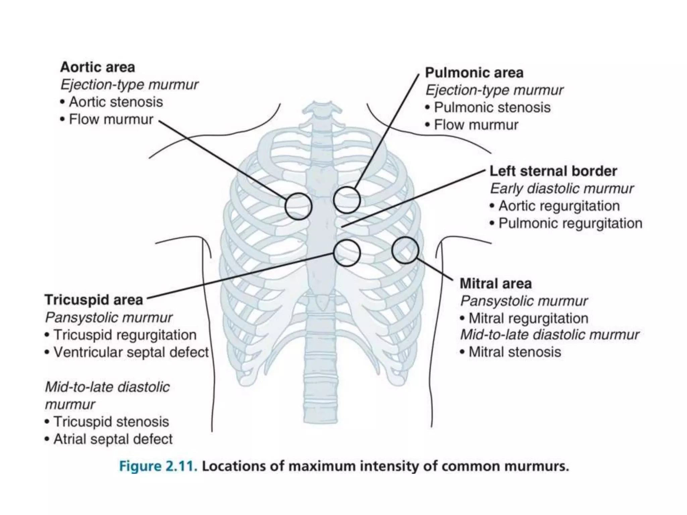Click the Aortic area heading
(98, 67)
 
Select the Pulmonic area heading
(474, 73)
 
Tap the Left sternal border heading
(553, 171)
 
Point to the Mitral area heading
(495, 284)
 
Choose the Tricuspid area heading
(94, 300)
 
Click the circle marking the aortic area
(298, 207)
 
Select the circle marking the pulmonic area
(347, 200)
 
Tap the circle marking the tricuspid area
(347, 253)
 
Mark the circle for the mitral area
(405, 250)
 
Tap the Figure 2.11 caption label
(158, 466)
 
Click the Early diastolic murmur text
(562, 188)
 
